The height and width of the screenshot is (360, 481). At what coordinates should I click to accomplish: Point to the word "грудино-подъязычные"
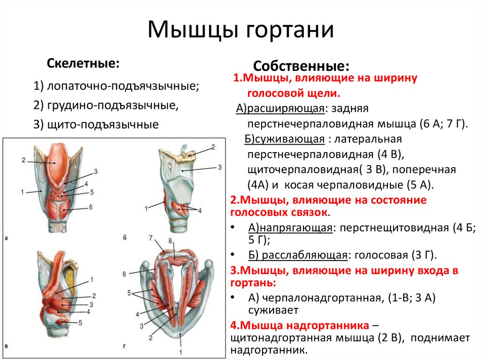[x=112, y=105]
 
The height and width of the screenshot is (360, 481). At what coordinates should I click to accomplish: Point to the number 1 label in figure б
[x=147, y=207]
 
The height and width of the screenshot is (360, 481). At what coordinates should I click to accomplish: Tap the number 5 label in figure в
[x=80, y=323]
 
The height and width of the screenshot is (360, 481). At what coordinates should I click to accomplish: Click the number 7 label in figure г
[x=151, y=238]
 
